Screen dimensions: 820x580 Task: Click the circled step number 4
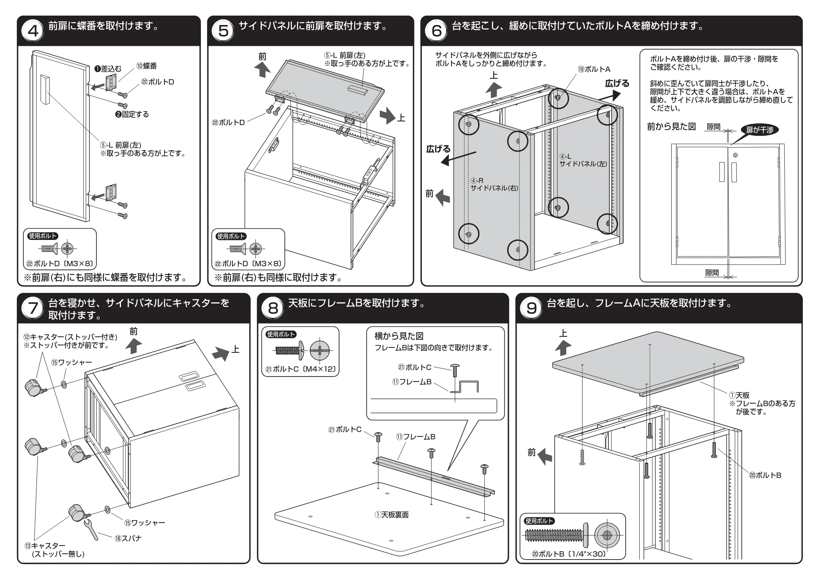point(33,30)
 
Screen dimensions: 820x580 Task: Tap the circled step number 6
point(437,30)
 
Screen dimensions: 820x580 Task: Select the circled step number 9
point(531,308)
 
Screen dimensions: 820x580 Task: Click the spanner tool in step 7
point(91,530)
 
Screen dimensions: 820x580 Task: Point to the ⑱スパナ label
point(128,538)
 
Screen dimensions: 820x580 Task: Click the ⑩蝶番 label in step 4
point(146,66)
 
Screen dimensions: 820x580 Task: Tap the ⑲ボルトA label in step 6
point(594,69)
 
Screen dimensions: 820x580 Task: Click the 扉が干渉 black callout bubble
point(759,130)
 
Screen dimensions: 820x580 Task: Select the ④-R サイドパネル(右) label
point(494,184)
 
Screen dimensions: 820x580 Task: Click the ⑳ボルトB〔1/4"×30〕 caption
point(569,554)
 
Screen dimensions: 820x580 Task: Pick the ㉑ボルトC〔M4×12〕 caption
point(301,369)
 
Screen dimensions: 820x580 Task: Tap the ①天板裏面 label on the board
point(392,514)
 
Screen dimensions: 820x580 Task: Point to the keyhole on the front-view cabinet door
point(735,155)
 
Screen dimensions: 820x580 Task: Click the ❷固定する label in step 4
point(132,114)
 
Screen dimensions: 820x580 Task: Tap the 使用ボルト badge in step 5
point(232,236)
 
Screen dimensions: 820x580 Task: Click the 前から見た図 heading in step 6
point(672,126)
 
